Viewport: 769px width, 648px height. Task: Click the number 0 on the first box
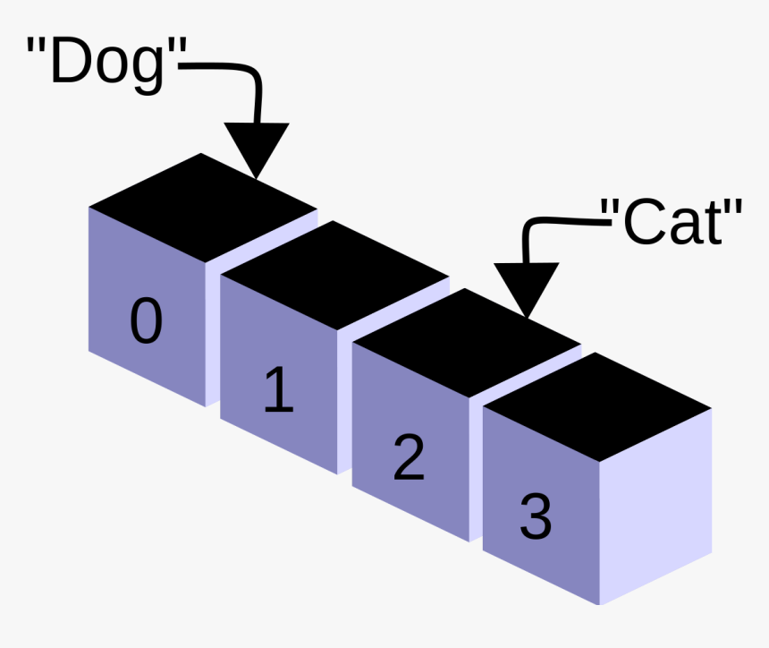click(146, 321)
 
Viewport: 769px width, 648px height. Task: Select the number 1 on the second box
click(279, 391)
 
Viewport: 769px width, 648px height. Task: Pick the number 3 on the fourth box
click(535, 516)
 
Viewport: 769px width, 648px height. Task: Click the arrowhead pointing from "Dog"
click(256, 148)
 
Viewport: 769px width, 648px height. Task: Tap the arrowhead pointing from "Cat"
click(527, 288)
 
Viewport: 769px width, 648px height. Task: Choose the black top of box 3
click(597, 407)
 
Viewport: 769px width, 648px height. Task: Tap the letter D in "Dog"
click(70, 63)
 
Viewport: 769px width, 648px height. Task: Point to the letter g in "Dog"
click(147, 70)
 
